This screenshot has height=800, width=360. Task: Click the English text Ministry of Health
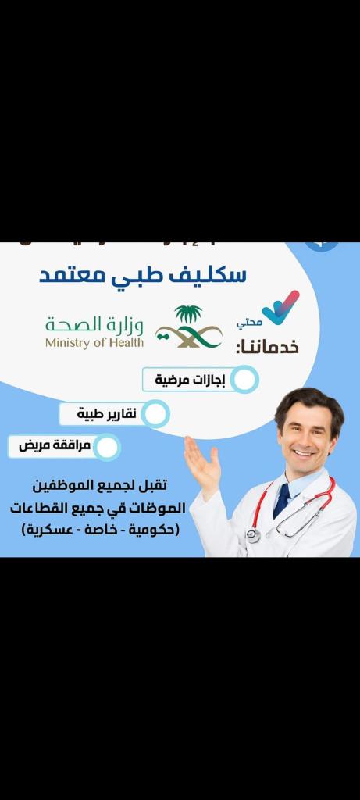point(94,341)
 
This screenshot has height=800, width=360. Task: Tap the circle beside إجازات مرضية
point(245,380)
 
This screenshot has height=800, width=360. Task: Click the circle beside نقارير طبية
point(155,413)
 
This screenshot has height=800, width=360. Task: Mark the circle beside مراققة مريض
point(108,447)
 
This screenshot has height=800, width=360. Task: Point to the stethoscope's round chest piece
point(253,534)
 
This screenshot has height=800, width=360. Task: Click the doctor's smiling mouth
point(303,452)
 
